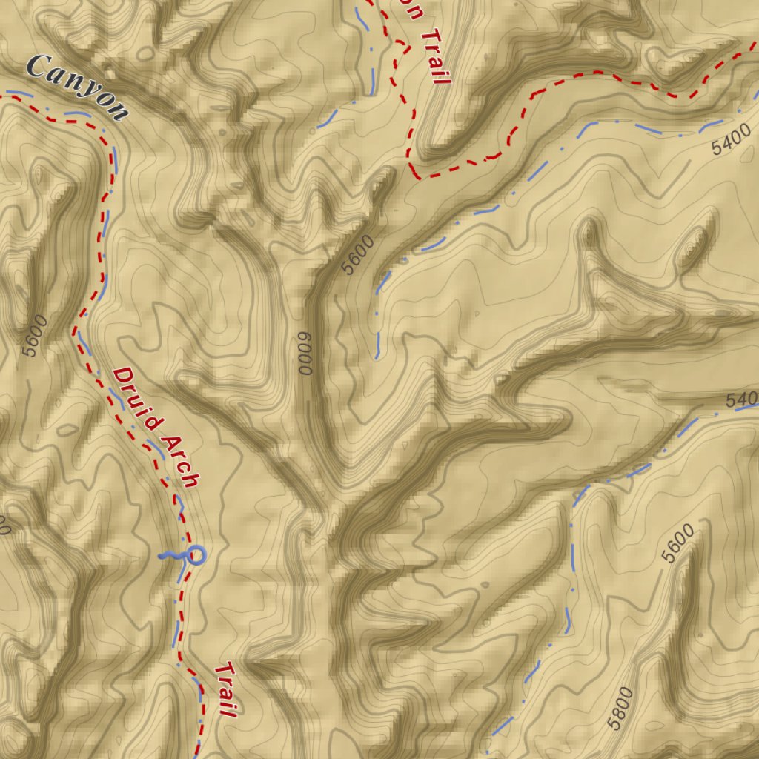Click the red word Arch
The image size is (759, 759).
point(181,460)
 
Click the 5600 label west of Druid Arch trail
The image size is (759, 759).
point(35,336)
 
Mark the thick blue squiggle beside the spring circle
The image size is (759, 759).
point(172,555)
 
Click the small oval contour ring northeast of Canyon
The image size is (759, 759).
point(146,54)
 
